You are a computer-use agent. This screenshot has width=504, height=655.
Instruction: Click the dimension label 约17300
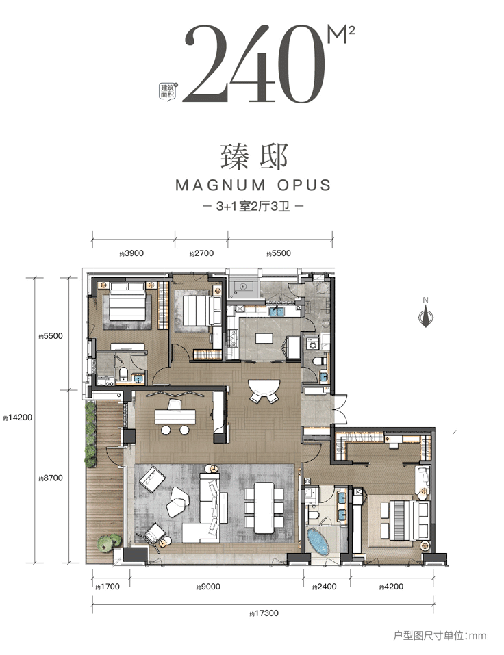pyautogui.click(x=264, y=613)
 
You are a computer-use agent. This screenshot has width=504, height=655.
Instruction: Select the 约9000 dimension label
pyautogui.click(x=208, y=587)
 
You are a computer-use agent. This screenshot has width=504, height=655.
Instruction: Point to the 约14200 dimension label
pyautogui.click(x=17, y=418)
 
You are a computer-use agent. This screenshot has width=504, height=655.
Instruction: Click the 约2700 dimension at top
pyautogui.click(x=201, y=253)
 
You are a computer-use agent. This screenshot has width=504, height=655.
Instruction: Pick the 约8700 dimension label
pyautogui.click(x=51, y=478)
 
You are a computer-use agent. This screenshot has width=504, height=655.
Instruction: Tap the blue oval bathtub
pyautogui.click(x=317, y=542)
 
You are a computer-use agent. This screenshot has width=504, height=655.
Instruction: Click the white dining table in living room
pyautogui.click(x=264, y=508)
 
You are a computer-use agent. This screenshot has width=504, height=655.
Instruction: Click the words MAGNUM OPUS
pyautogui.click(x=253, y=185)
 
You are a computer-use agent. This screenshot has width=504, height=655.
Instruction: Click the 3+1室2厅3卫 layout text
pyautogui.click(x=253, y=207)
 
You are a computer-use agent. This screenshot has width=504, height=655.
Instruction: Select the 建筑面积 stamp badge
pyautogui.click(x=168, y=90)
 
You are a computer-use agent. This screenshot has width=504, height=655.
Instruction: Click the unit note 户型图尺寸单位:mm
pyautogui.click(x=440, y=636)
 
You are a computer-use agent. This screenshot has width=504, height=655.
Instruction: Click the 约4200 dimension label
pyautogui.click(x=391, y=587)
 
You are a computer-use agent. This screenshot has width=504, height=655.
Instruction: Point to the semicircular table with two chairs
pyautogui.click(x=262, y=391)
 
